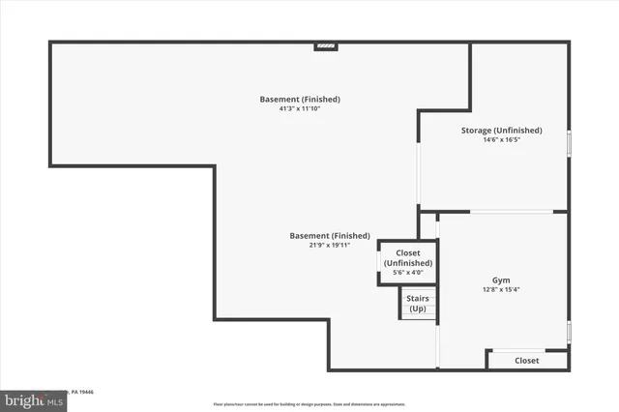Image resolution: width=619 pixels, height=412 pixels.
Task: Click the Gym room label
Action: tap(501, 280)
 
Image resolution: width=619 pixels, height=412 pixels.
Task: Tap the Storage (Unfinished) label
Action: tap(500, 131)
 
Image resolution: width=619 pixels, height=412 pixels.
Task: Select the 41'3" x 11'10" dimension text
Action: tap(299, 108)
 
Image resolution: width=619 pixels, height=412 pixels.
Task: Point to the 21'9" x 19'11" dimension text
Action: tap(323, 246)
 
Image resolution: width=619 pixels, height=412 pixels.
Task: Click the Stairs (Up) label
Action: tap(418, 304)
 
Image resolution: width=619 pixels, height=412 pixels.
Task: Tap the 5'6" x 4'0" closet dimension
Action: tap(407, 273)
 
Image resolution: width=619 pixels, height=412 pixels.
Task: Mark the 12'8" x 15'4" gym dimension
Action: tap(501, 290)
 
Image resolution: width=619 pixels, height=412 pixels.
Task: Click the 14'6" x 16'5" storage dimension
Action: tap(500, 140)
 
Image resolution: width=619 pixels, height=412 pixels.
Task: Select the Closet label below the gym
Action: tap(526, 360)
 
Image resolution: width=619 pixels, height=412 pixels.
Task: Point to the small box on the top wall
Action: tap(326, 45)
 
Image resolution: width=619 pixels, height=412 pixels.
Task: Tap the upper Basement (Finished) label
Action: tap(300, 99)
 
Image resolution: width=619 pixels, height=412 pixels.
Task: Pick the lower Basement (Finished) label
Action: tap(330, 236)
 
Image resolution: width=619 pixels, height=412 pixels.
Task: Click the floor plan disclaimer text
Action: tap(309, 403)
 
